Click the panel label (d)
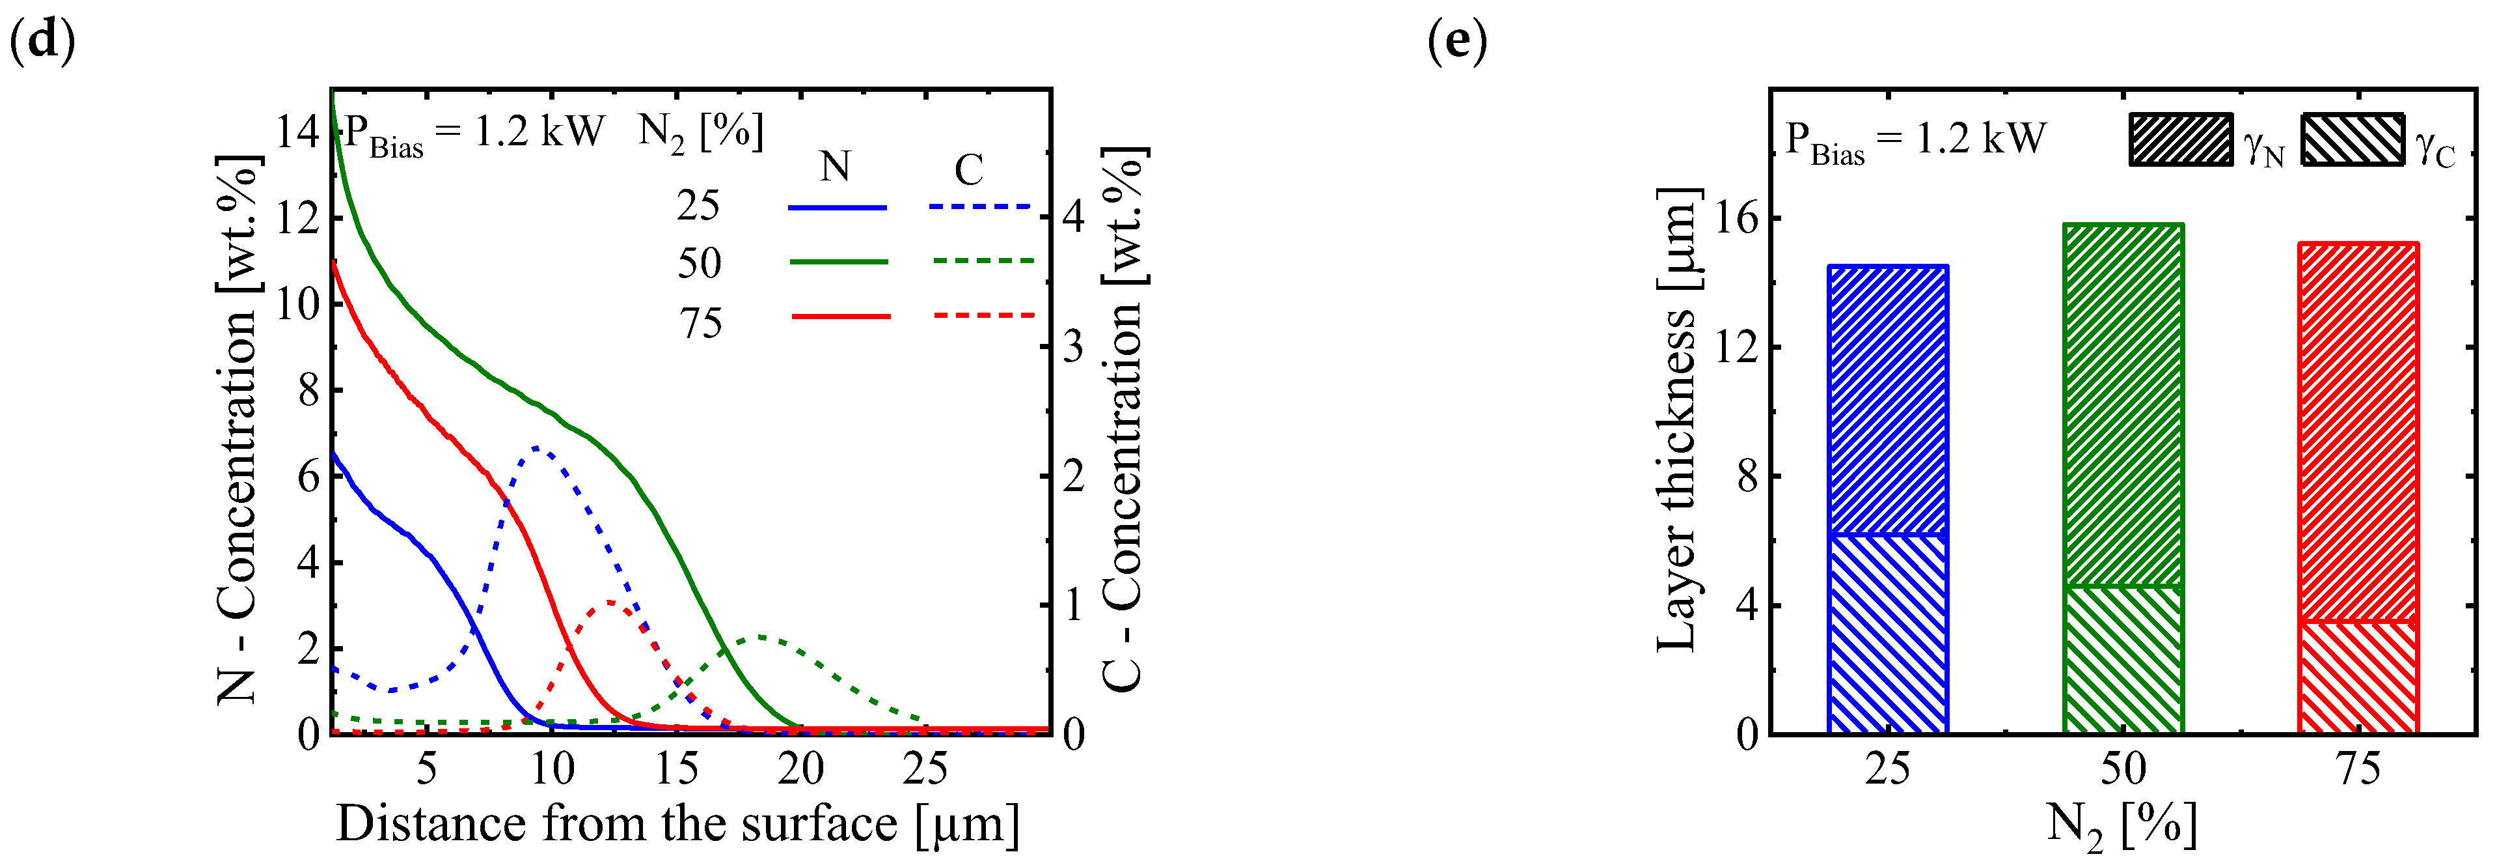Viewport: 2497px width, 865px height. click(41, 43)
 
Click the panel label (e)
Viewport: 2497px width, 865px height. click(1457, 43)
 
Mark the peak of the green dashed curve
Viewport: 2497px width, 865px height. click(761, 637)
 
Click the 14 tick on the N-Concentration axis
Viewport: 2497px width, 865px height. click(297, 132)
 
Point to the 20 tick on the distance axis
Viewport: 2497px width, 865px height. click(800, 769)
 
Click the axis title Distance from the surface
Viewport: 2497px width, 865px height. click(677, 824)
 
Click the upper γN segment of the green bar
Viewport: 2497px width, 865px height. click(2123, 405)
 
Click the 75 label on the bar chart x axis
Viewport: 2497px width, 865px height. click(2358, 769)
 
